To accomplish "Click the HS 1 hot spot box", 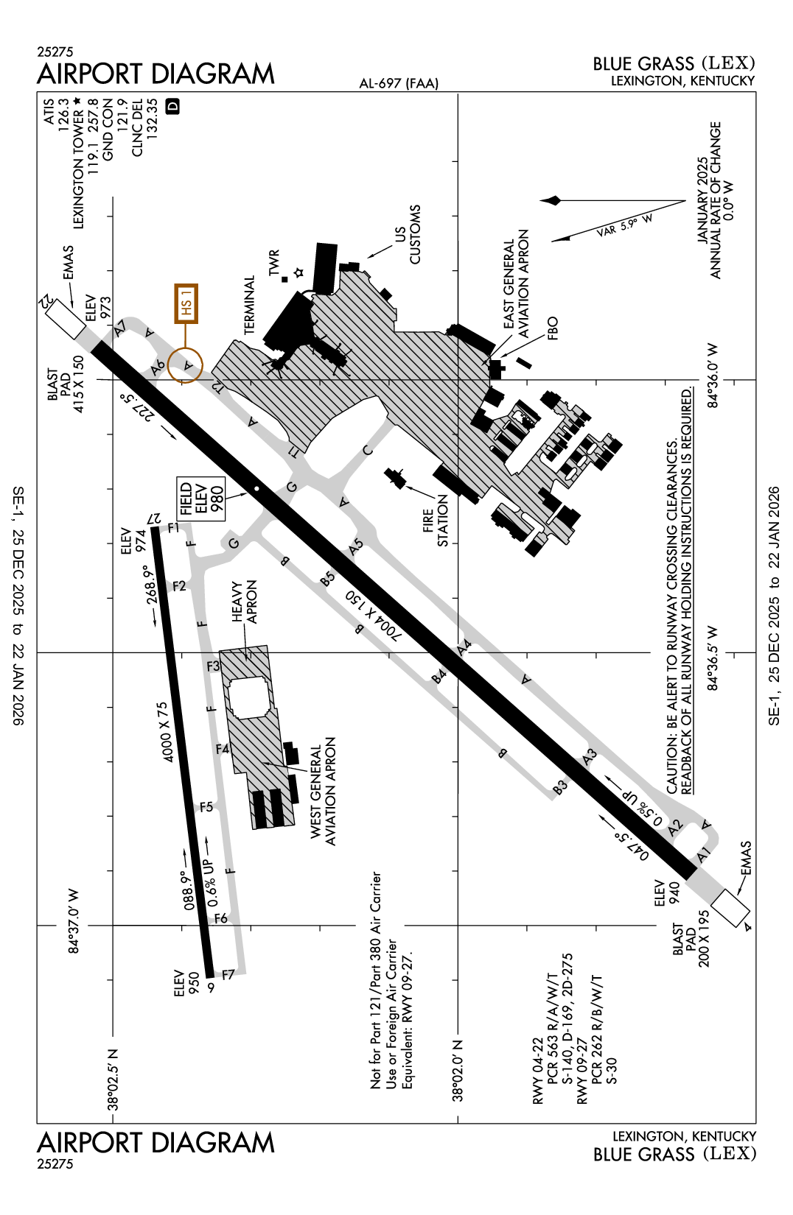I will click(186, 303).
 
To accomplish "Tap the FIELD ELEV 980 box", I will click(200, 499).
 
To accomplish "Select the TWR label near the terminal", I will click(274, 263).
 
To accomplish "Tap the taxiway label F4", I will click(223, 749).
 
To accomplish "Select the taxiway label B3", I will click(560, 786).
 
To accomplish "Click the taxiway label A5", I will click(356, 546).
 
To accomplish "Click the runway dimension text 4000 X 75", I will click(166, 731).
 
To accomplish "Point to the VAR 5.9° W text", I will click(624, 225).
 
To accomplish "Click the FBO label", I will click(553, 328).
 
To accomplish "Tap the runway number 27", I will click(154, 518).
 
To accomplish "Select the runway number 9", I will click(212, 987).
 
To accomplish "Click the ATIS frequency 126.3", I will click(63, 115).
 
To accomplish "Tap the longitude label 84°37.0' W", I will click(74, 920).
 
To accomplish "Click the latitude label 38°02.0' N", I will click(458, 1071).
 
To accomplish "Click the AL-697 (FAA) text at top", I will click(399, 83).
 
